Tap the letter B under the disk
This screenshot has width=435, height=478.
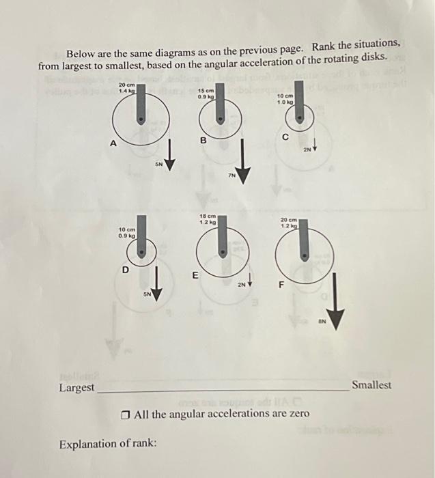[203, 141]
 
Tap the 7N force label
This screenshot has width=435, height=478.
[232, 175]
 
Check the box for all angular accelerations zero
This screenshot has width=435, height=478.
[125, 414]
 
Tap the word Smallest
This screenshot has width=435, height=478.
[371, 385]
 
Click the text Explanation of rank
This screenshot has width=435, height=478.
[108, 444]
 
